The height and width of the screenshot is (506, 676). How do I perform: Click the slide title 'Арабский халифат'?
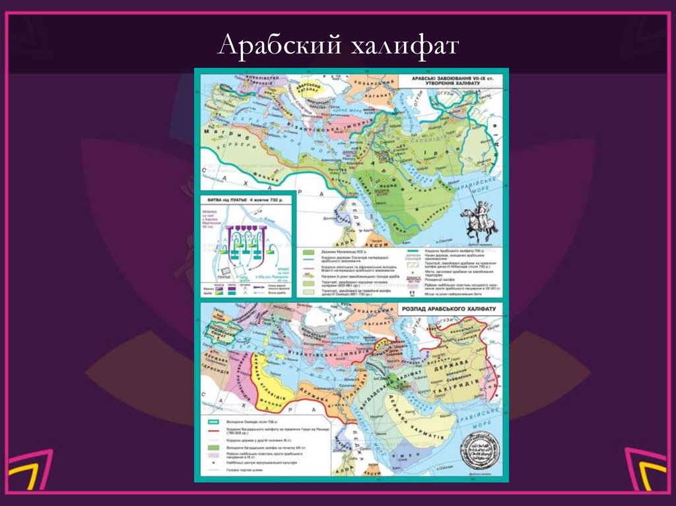pyautogui.click(x=337, y=46)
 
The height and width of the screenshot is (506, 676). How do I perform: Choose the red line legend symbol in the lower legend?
pyautogui.click(x=213, y=429)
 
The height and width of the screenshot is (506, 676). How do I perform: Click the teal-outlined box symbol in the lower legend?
pyautogui.click(x=213, y=420)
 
